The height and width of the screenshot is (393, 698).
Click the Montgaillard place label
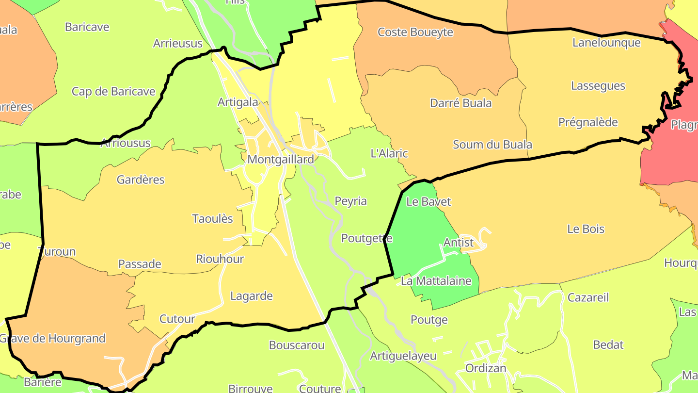pyautogui.click(x=280, y=159)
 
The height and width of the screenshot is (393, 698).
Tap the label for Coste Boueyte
pyautogui.click(x=415, y=33)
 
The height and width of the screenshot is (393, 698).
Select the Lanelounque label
pyautogui.click(x=606, y=43)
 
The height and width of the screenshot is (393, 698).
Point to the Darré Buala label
pyautogui.click(x=460, y=103)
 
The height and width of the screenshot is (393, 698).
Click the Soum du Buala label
pyautogui.click(x=492, y=145)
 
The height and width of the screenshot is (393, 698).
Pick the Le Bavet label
pyautogui.click(x=428, y=202)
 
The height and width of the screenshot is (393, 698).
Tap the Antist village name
pyautogui.click(x=459, y=242)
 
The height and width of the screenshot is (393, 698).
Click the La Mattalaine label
pyautogui.click(x=436, y=281)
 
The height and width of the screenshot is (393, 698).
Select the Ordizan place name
pyautogui.click(x=486, y=368)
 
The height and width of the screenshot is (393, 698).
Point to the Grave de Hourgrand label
pyautogui.click(x=52, y=338)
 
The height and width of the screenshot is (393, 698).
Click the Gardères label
pyautogui.click(x=141, y=180)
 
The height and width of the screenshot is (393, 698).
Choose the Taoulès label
pyautogui.click(x=212, y=219)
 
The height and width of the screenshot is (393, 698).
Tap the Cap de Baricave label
pyautogui.click(x=113, y=92)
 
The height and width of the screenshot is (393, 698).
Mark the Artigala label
pyautogui.click(x=238, y=102)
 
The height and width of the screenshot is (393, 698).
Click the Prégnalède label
pyautogui.click(x=588, y=122)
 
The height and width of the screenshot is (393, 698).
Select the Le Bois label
pyautogui.click(x=586, y=229)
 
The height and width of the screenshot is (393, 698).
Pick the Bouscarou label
pyautogui.click(x=297, y=345)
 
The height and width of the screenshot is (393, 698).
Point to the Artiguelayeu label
pyautogui.click(x=403, y=356)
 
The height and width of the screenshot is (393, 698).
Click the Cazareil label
pyautogui.click(x=588, y=297)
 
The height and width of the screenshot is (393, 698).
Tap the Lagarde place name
pyautogui.click(x=251, y=296)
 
